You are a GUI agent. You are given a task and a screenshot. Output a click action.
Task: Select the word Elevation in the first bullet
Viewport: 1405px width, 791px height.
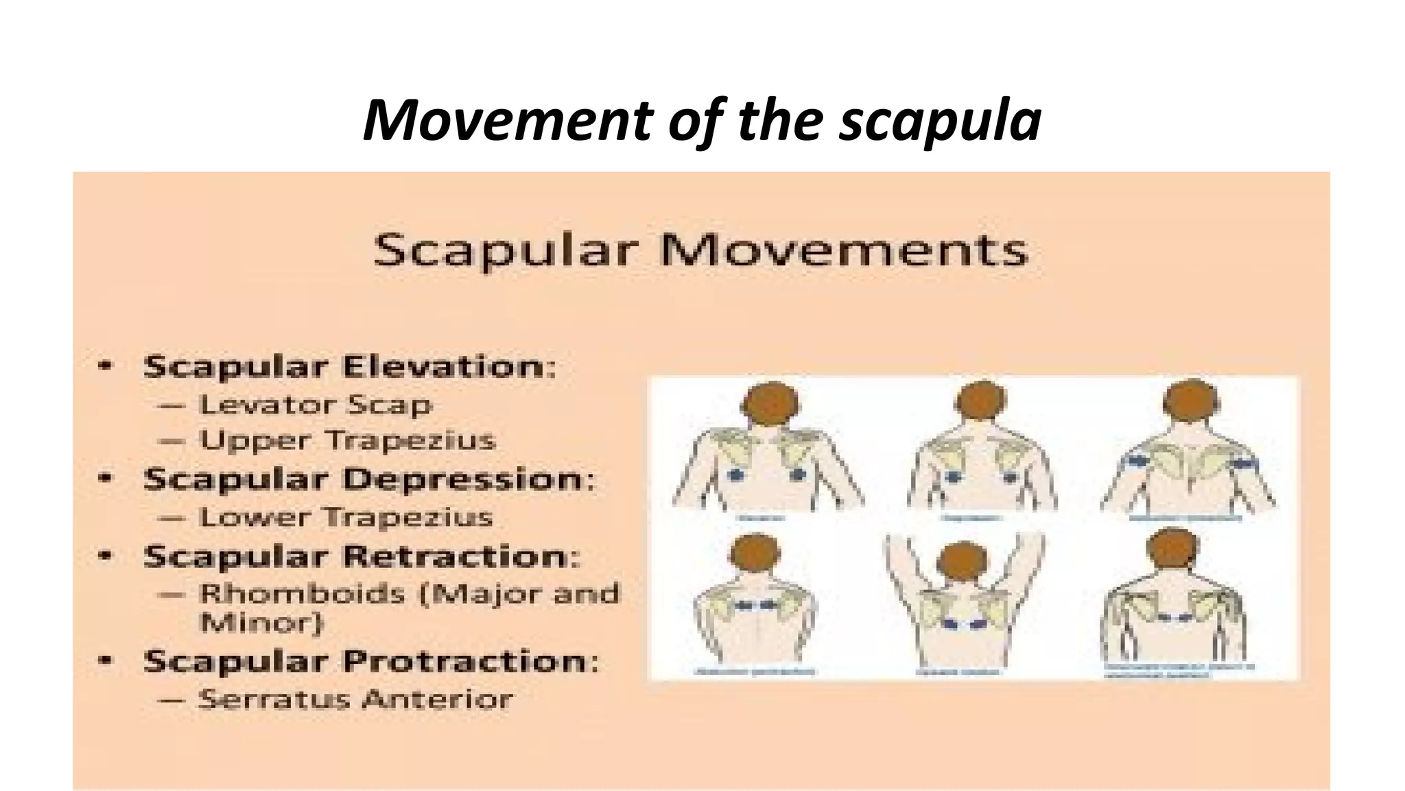(x=449, y=366)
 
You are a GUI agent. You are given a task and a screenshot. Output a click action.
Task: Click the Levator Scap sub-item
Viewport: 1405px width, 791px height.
(x=316, y=405)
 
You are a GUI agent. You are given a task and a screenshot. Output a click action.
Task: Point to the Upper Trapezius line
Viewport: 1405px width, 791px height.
(x=347, y=440)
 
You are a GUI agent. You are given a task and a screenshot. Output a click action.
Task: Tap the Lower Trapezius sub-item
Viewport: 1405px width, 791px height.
(x=346, y=517)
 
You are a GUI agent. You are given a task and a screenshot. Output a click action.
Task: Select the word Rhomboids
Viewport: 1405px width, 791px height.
(x=302, y=593)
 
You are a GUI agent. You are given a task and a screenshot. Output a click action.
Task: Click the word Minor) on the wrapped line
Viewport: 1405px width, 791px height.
(x=261, y=623)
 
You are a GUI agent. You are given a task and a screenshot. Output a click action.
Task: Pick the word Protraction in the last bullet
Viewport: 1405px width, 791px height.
(x=470, y=661)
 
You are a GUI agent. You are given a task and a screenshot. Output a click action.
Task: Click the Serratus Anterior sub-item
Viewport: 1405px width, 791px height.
(x=355, y=699)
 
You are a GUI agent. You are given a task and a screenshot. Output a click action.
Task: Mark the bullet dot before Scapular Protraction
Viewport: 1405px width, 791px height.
(x=105, y=661)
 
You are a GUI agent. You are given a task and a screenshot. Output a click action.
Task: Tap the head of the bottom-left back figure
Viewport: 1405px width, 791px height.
(x=755, y=554)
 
